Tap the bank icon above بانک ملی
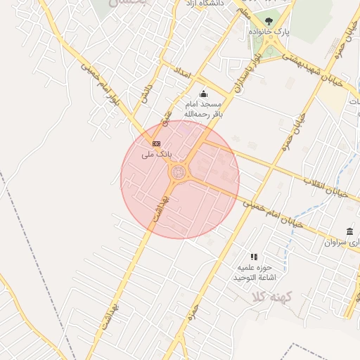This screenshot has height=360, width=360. (x=156, y=143)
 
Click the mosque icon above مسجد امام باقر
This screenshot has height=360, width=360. (x=203, y=94)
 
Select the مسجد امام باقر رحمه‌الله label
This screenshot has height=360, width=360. (x=203, y=108)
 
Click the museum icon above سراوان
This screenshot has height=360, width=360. (x=349, y=232)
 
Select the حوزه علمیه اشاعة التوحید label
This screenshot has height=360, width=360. (x=254, y=273)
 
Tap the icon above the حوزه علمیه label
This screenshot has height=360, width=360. (x=254, y=257)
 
